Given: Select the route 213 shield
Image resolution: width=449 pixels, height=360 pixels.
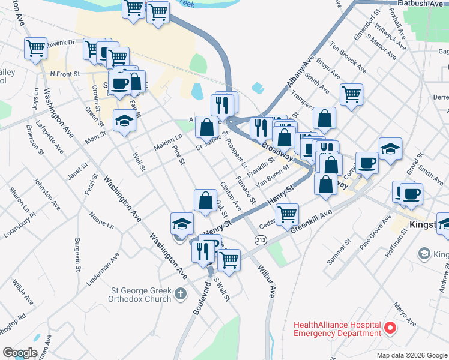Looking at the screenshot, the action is pos(260,241).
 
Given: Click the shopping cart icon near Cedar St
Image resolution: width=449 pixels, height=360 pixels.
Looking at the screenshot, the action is pos(288,213).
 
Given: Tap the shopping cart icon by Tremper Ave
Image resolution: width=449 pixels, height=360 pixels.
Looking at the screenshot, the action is pos(351,94).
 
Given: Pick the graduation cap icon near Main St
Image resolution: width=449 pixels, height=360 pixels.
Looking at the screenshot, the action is pos(125,121).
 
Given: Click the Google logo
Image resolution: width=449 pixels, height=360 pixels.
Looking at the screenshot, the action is pos(20,353).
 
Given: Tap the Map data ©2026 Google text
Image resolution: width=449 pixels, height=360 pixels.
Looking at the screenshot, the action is pos(411,355).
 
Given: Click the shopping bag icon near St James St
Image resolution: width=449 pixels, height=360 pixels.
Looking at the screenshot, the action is pos(206,127).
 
